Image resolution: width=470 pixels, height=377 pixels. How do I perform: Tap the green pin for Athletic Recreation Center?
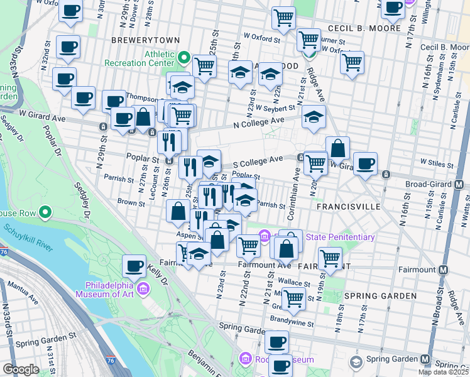184,58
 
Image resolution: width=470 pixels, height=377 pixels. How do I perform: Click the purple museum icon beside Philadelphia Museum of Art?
143,288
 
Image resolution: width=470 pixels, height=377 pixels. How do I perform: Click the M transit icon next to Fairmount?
444,270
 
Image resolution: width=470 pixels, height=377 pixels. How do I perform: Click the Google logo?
20,369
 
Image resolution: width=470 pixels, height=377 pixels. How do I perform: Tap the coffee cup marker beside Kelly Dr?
135,266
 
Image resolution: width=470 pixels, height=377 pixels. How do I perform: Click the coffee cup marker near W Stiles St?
365,165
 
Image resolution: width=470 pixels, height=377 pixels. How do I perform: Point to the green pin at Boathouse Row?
45,214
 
